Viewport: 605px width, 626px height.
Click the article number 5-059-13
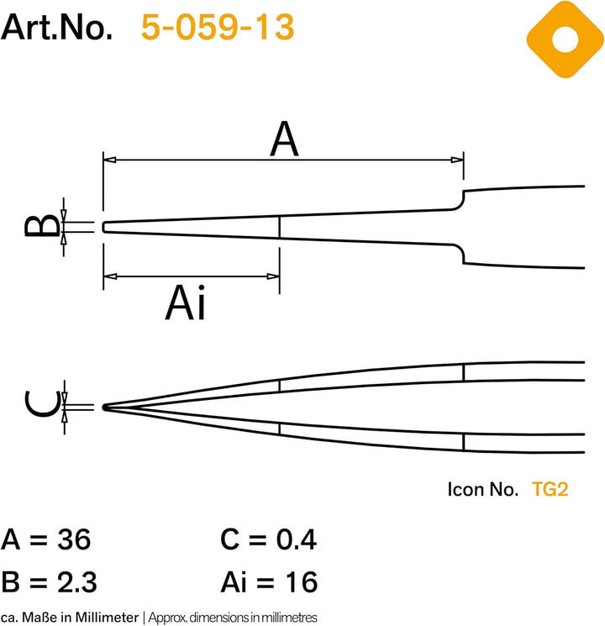[218, 27]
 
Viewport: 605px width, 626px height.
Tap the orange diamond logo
[565, 39]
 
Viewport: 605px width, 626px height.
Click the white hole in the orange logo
[565, 39]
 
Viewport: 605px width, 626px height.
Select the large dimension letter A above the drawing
[284, 139]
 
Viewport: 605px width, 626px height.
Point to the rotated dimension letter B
[42, 225]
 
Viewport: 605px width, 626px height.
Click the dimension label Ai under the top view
[186, 302]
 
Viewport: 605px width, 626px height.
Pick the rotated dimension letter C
[42, 403]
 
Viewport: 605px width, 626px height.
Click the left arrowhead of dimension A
[110, 160]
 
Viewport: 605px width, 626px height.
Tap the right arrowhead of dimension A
[457, 160]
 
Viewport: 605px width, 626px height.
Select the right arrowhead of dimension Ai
[273, 276]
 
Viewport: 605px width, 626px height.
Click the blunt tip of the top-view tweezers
[104, 227]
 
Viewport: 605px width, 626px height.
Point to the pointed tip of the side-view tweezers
[105, 408]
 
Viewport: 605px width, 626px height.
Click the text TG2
[550, 489]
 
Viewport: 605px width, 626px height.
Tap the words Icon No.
[483, 489]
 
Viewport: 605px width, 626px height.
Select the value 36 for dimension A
[74, 539]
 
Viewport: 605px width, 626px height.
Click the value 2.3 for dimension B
[76, 581]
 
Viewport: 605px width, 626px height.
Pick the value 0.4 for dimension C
[297, 539]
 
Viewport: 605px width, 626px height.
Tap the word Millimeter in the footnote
[107, 618]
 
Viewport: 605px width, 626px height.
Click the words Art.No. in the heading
[56, 27]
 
